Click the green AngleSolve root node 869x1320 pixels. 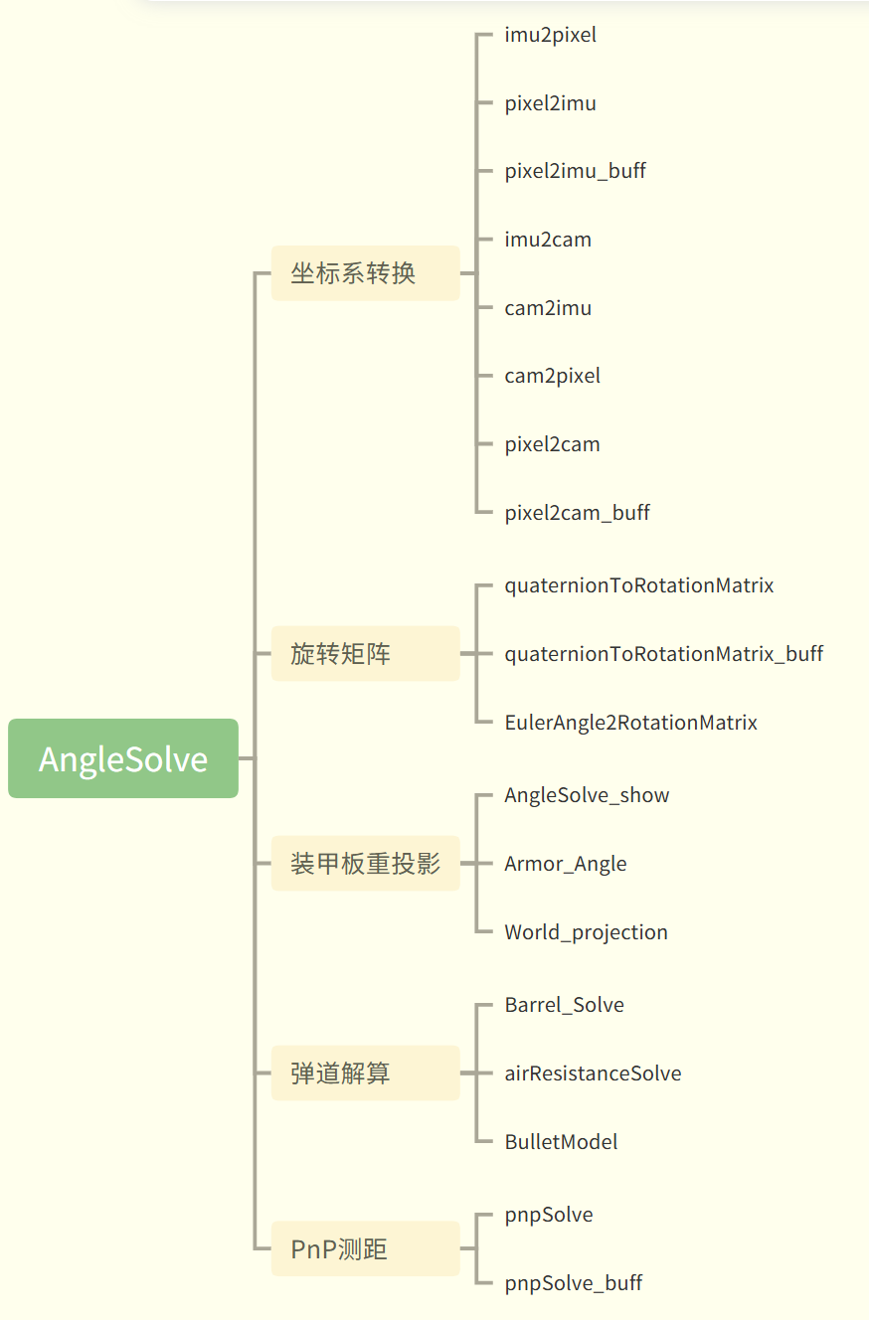[x=123, y=758]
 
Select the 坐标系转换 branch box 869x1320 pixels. [x=365, y=273]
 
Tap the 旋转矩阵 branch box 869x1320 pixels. [x=365, y=654]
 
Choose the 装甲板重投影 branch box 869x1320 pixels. [x=365, y=864]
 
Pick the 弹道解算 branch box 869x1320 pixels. [x=365, y=1073]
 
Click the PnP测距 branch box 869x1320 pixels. [x=365, y=1249]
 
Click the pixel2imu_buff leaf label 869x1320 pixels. [x=575, y=171]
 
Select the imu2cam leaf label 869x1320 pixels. [x=548, y=240]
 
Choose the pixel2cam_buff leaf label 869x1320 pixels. [x=577, y=513]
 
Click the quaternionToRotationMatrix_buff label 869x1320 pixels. [x=663, y=654]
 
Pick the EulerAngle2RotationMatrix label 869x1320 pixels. [x=630, y=723]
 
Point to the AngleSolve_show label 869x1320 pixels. [x=587, y=795]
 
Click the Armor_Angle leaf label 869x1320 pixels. [x=565, y=864]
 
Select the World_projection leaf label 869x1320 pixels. [x=586, y=932]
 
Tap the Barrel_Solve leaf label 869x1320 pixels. [x=564, y=1005]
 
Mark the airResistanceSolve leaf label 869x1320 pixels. [x=593, y=1073]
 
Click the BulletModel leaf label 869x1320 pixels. [x=561, y=1142]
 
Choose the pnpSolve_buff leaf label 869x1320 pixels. [x=573, y=1283]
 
